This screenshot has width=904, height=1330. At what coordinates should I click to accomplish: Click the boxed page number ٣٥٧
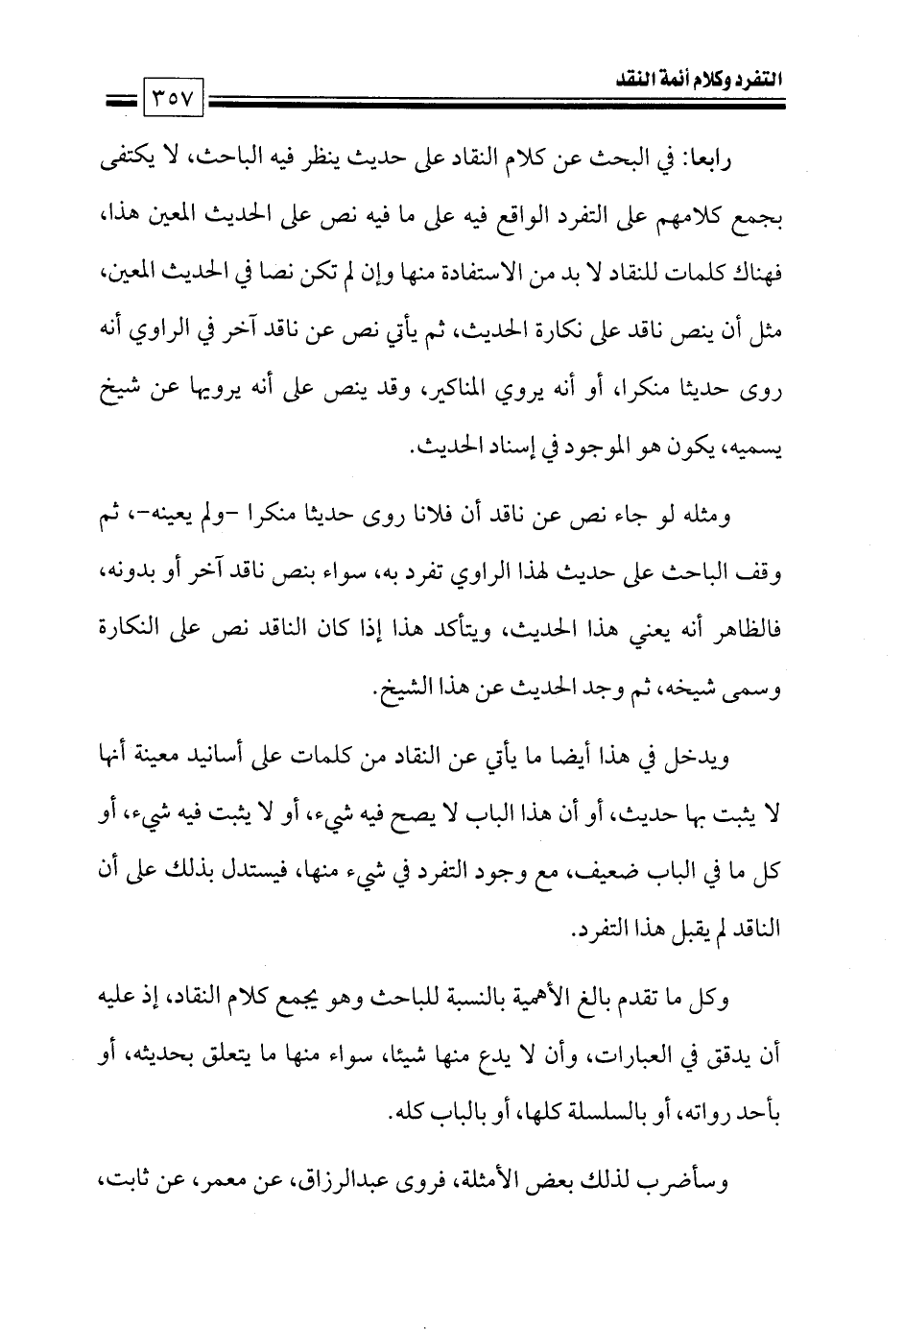point(174,99)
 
